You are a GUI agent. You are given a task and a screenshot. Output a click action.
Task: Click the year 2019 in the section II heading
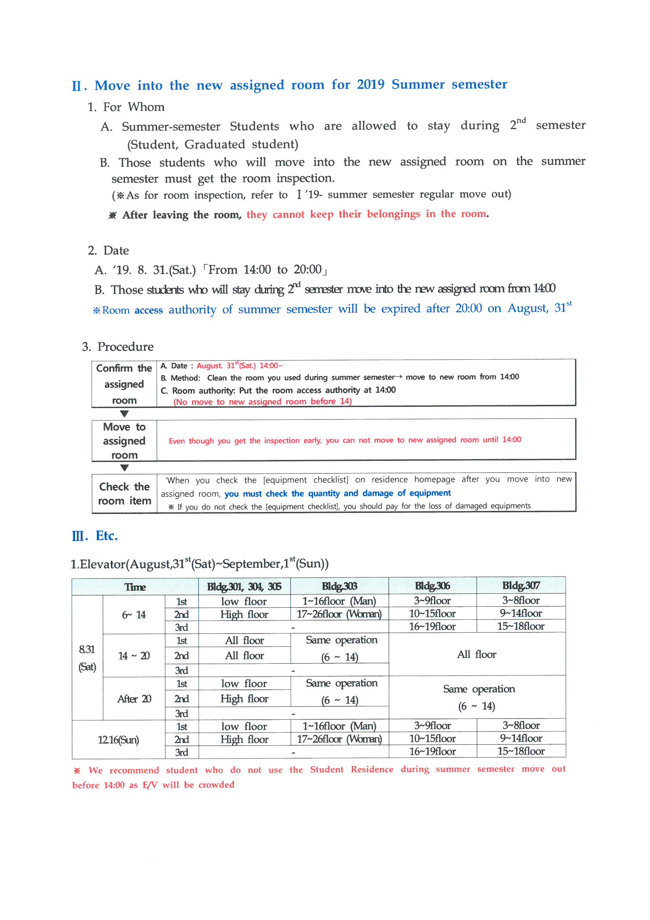click(370, 85)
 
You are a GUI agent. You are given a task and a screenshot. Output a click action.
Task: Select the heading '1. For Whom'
click(126, 107)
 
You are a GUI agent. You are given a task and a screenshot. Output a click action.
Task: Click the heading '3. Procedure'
click(118, 347)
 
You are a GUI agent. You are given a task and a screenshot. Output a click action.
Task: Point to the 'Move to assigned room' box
click(124, 440)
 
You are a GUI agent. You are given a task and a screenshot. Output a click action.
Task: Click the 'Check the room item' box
click(124, 493)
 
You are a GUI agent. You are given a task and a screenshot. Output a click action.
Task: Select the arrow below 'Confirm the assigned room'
click(124, 414)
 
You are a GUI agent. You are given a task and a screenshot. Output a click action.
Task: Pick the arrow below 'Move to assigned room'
click(124, 467)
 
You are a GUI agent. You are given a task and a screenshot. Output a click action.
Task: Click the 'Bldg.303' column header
click(339, 586)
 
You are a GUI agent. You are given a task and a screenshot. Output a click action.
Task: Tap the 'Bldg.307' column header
click(521, 586)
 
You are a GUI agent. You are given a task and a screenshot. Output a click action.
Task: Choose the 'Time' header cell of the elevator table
click(135, 587)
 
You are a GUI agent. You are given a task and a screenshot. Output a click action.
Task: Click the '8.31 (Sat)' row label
click(87, 658)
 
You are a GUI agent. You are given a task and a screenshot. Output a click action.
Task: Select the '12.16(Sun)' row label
click(118, 740)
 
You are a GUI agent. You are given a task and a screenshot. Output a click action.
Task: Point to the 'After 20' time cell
click(134, 699)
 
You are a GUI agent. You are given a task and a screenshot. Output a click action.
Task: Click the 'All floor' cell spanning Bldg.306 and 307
click(477, 654)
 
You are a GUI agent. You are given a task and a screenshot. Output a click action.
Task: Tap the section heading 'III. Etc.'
click(94, 536)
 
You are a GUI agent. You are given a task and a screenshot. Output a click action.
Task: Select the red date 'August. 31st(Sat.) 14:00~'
click(239, 366)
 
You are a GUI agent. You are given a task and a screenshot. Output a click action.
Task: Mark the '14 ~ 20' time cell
click(134, 656)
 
